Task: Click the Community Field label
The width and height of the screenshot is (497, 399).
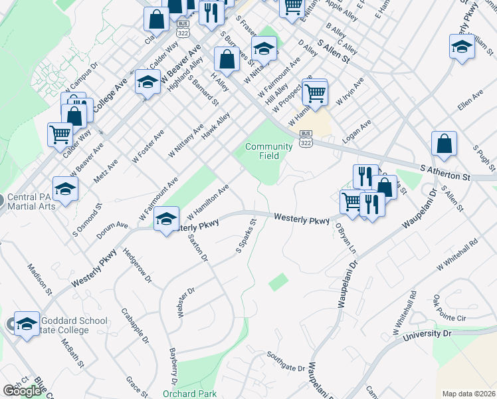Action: click(x=268, y=151)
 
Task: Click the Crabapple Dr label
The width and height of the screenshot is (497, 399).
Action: click(x=135, y=325)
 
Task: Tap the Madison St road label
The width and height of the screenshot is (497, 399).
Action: click(x=39, y=279)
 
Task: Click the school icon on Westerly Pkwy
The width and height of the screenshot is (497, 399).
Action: click(x=167, y=218)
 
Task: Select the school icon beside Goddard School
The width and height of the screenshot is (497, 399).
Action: click(x=27, y=324)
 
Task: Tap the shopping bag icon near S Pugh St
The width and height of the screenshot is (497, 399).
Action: click(x=444, y=144)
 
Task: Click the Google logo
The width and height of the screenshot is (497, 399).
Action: click(x=22, y=391)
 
